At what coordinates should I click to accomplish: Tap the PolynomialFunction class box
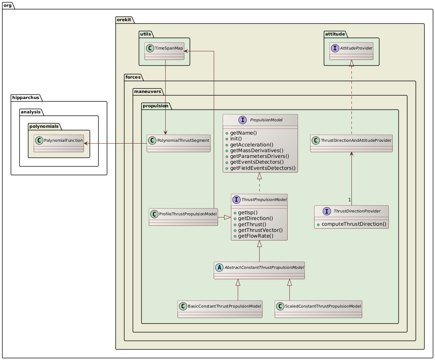click(x=59, y=143)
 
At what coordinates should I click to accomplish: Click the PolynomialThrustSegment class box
click(x=178, y=143)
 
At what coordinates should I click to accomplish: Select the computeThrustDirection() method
click(x=354, y=224)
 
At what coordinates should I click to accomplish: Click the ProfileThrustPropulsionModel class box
click(x=183, y=217)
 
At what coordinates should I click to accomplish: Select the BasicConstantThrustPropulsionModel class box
click(x=220, y=309)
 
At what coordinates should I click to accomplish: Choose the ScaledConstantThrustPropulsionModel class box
click(x=318, y=309)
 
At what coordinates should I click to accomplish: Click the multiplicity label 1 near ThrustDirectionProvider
click(x=349, y=200)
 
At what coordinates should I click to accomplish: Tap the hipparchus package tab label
click(x=26, y=97)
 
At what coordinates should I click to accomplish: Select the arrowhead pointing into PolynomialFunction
click(x=86, y=143)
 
